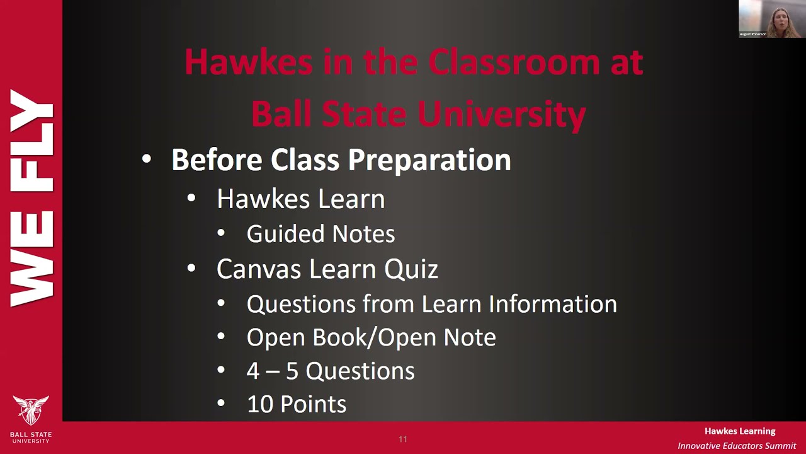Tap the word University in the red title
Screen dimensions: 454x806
coord(502,114)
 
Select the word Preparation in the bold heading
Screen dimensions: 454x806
coord(429,160)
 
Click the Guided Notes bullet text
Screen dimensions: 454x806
coord(321,234)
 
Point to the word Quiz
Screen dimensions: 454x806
coord(411,269)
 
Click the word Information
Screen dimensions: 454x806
coord(553,304)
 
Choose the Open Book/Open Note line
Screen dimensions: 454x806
coord(371,337)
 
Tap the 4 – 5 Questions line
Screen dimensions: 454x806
coord(331,371)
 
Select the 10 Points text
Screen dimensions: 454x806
coord(297,404)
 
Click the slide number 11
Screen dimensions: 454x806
coord(403,439)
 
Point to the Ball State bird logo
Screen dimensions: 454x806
coord(30,410)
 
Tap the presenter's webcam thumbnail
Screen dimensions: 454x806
coord(770,19)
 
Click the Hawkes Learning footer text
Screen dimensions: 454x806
coord(740,431)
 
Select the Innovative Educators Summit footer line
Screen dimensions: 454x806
coord(737,446)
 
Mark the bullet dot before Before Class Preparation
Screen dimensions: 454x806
coord(147,160)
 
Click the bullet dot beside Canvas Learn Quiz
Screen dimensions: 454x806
coord(192,269)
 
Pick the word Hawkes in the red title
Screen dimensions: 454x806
coord(248,62)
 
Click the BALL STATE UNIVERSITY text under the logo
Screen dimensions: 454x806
coord(31,437)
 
